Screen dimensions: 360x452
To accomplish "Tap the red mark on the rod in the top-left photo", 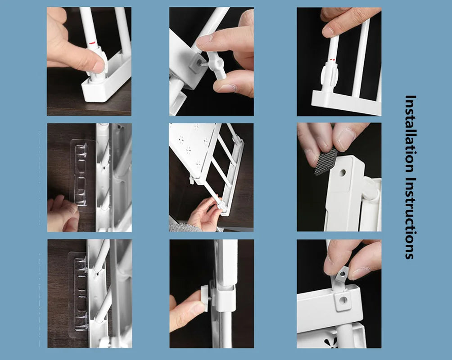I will tap(93, 43).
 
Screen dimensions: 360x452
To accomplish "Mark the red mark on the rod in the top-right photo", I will tap(332, 59).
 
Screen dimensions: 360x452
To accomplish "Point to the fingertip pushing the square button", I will tap(196, 308).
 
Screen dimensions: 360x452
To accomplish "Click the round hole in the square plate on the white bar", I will tap(343, 299).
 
